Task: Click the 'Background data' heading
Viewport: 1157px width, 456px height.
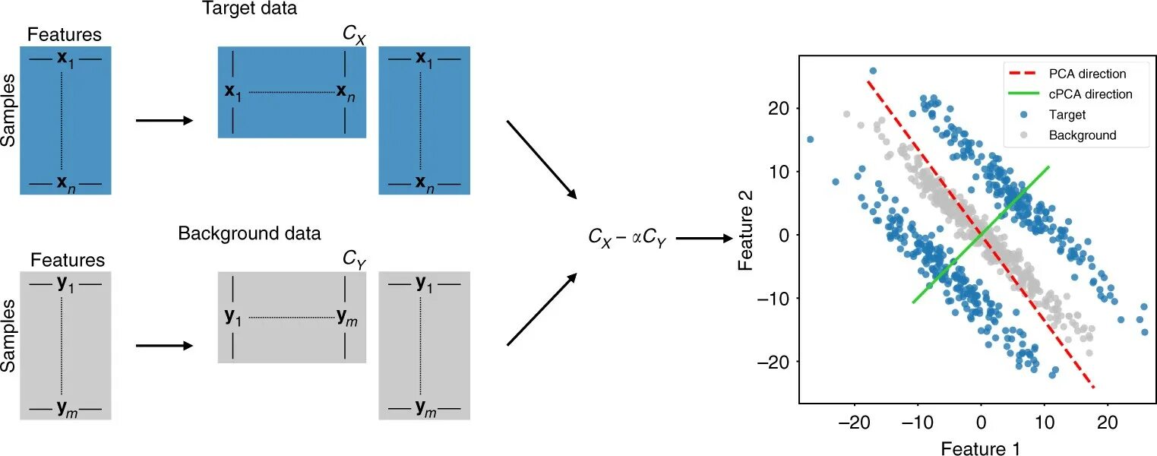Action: (x=249, y=233)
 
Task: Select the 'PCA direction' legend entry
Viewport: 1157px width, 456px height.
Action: (x=1088, y=74)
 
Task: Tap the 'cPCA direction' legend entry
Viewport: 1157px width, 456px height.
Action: (x=1091, y=94)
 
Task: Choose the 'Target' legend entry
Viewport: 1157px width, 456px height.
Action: (x=1067, y=115)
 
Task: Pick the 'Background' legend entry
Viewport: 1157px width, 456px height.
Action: (x=1083, y=135)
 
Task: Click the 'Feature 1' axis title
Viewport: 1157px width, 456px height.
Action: (x=980, y=448)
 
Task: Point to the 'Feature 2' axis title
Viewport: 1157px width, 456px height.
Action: (x=746, y=236)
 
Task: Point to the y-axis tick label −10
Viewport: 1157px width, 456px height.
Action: (x=770, y=298)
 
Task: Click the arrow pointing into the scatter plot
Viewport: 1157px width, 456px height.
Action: (x=703, y=238)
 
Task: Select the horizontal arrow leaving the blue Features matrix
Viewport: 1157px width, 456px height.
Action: (x=164, y=120)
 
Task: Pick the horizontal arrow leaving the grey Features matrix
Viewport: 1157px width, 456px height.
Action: (x=164, y=345)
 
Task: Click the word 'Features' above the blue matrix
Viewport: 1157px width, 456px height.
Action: (x=64, y=35)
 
